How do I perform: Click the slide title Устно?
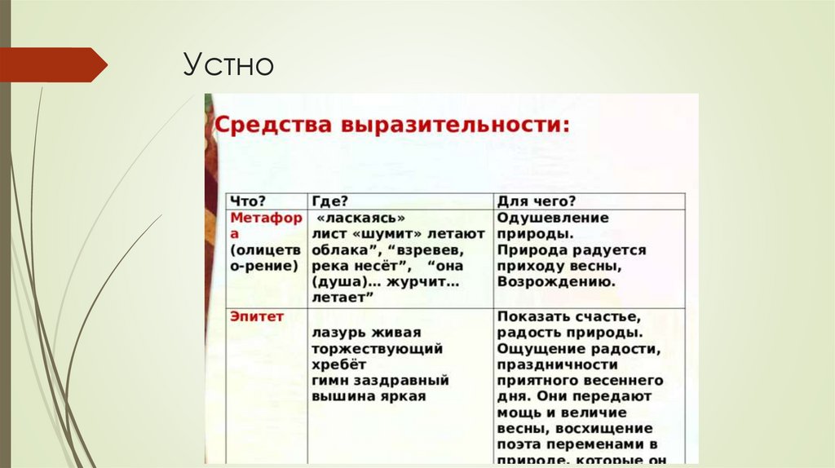pyautogui.click(x=228, y=64)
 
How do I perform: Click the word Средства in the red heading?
pyautogui.click(x=265, y=127)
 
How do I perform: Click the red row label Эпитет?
pyautogui.click(x=256, y=316)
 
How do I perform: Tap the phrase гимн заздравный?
pyautogui.click(x=380, y=381)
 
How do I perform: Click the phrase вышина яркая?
pyautogui.click(x=368, y=396)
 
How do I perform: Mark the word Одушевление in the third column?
pyautogui.click(x=553, y=218)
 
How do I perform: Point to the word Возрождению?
pyautogui.click(x=554, y=281)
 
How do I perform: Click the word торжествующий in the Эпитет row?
pyautogui.click(x=377, y=349)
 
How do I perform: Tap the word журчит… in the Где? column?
pyautogui.click(x=426, y=281)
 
